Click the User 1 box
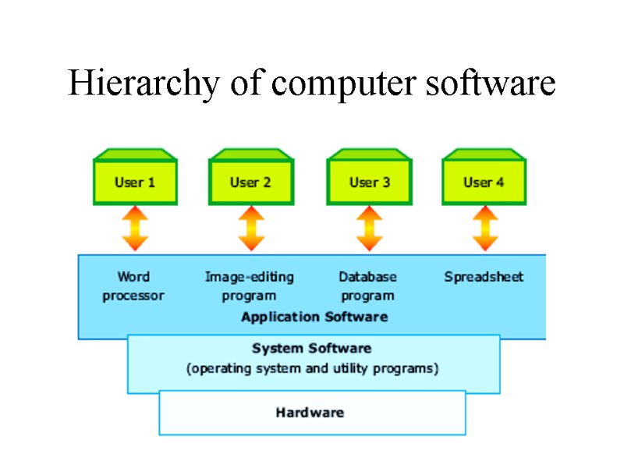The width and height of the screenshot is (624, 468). click(x=135, y=182)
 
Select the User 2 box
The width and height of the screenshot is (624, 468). click(x=250, y=182)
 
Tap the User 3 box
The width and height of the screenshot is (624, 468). click(x=369, y=182)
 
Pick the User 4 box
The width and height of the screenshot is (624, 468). click(x=484, y=182)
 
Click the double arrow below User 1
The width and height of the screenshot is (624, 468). click(x=135, y=228)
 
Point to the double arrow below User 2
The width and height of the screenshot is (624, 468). click(x=250, y=228)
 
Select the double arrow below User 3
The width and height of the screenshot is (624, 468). click(x=369, y=228)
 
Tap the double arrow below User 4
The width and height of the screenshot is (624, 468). click(x=484, y=228)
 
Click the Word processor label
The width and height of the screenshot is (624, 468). click(x=133, y=286)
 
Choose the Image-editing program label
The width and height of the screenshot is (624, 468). click(x=249, y=286)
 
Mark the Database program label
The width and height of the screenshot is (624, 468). click(x=367, y=286)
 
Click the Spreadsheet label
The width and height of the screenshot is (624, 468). click(x=484, y=277)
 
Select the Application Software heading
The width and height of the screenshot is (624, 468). click(x=314, y=317)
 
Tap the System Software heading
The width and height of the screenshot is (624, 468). click(x=311, y=348)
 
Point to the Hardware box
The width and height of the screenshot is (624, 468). click(x=311, y=413)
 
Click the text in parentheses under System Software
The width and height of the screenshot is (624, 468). click(x=312, y=368)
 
